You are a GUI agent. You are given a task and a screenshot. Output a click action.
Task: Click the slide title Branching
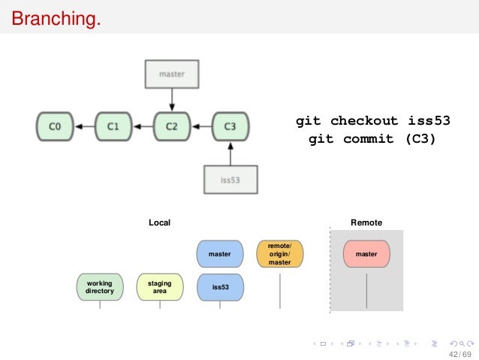[55, 17]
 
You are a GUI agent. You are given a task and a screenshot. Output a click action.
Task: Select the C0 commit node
[55, 126]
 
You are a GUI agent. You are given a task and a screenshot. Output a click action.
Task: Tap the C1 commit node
[113, 126]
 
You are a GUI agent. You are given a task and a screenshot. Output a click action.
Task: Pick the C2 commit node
[172, 126]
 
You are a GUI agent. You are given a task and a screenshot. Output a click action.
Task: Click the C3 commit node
[230, 126]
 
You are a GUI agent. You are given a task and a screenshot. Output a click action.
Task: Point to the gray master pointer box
[172, 74]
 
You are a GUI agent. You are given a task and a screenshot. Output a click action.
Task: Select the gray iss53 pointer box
[230, 180]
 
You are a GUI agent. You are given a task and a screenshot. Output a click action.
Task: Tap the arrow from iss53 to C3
[230, 153]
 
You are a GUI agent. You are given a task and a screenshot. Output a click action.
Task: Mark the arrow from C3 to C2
[200, 126]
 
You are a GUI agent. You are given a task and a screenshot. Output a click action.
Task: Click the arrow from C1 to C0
[84, 126]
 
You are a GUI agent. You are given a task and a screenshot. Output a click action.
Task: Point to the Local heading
[159, 222]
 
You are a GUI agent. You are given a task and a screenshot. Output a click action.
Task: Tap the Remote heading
[366, 222]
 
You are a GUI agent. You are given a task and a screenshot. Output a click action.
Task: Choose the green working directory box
[99, 286]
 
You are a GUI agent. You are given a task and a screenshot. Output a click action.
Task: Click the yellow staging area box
[159, 286]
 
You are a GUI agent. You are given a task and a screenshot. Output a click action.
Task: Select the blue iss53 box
[220, 286]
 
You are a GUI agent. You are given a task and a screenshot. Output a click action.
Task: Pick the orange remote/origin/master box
[279, 254]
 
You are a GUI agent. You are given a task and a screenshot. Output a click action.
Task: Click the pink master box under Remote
[366, 254]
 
